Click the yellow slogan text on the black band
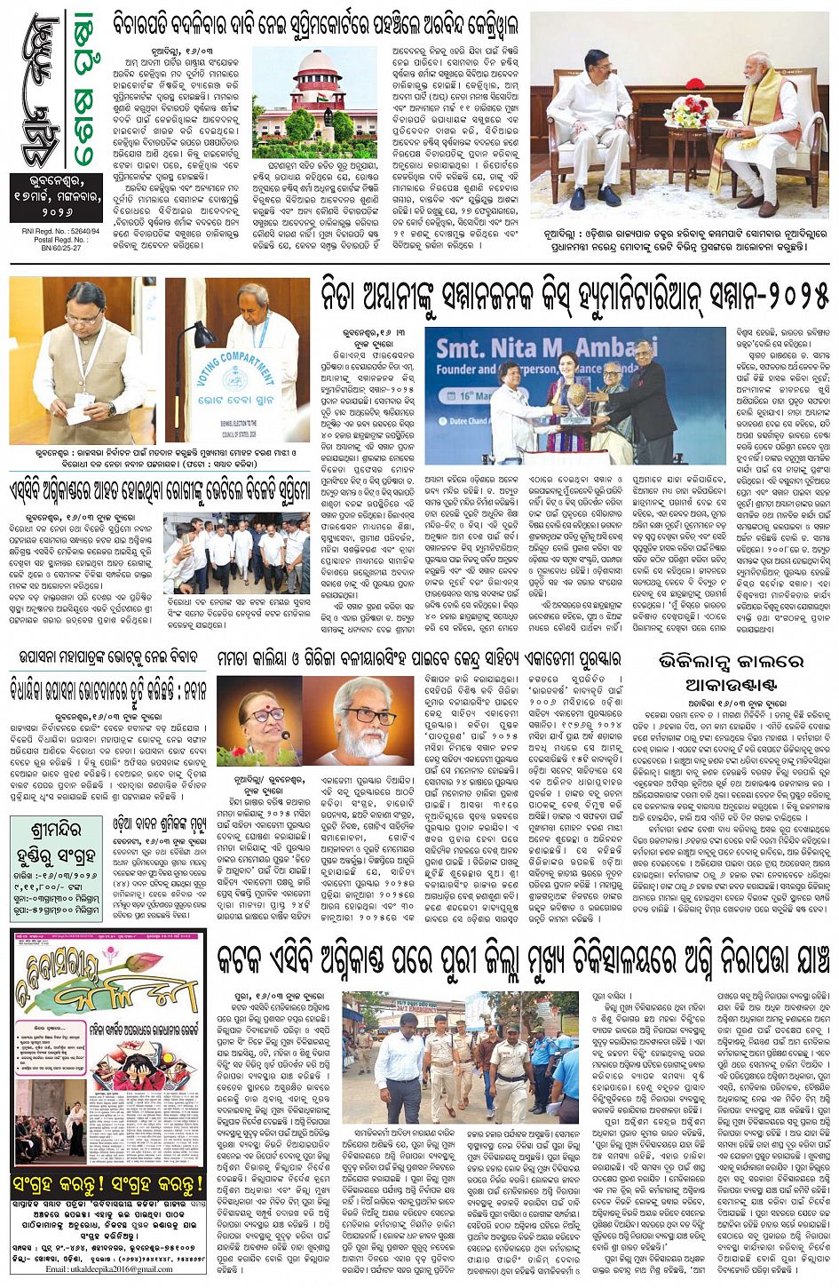point(108,1184)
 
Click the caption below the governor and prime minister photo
point(679,248)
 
